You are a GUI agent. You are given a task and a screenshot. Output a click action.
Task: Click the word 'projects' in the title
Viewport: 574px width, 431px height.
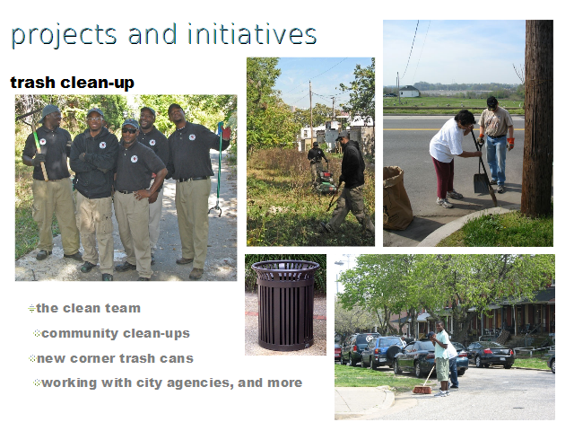point(64,36)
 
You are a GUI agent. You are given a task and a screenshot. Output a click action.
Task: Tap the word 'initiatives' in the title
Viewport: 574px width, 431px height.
point(252,34)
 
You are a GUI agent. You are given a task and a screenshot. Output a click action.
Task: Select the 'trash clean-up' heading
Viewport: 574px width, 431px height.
point(72,83)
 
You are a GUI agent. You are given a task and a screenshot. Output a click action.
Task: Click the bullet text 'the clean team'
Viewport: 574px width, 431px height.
point(88,308)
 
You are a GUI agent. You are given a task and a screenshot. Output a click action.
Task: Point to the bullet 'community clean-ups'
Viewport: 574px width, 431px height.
point(116,333)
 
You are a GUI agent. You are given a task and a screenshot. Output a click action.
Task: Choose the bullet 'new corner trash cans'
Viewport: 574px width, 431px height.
point(115,358)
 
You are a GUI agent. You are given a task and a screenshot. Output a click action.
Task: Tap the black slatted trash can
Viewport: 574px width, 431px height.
point(285,305)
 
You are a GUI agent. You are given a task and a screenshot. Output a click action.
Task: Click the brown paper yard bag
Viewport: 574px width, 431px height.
point(396,198)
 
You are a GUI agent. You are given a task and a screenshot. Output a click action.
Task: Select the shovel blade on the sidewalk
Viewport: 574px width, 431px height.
point(481,183)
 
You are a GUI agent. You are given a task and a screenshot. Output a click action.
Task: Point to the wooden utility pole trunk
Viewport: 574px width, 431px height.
point(537,118)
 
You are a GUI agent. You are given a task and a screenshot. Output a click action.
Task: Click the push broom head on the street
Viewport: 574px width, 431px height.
point(422,391)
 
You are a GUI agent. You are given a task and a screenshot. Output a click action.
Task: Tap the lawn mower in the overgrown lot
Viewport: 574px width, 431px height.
point(325,183)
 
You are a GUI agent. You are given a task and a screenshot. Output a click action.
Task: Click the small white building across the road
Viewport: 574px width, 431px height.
point(409,92)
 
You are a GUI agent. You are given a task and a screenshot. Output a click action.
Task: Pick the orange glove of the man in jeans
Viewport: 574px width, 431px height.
point(510,144)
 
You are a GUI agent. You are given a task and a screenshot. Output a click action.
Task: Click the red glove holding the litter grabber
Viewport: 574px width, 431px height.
point(226,132)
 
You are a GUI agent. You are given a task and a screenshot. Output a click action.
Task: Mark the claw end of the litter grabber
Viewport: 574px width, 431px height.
point(215,211)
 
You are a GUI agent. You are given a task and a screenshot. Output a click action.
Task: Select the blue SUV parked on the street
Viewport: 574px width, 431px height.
point(383,352)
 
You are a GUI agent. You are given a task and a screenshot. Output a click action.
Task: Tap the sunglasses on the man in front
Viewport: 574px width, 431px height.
point(129,130)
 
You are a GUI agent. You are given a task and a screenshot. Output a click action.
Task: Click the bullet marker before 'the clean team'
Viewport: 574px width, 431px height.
point(31,309)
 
